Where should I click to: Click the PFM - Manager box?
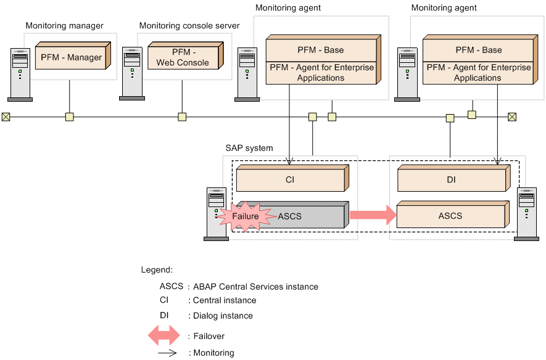pyautogui.click(x=71, y=57)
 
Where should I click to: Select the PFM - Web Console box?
pyautogui.click(x=182, y=57)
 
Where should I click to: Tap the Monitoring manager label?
pyautogui.click(x=65, y=26)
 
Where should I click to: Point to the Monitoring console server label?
pyautogui.click(x=189, y=26)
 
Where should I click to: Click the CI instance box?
pyautogui.click(x=290, y=179)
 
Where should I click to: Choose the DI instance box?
pyautogui.click(x=450, y=179)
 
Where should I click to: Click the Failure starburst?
pyautogui.click(x=246, y=216)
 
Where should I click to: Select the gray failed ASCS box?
pyautogui.click(x=302, y=216)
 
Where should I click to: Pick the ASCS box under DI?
pyautogui.click(x=450, y=216)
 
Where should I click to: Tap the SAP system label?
pyautogui.click(x=249, y=149)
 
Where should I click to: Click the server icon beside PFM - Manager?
pyautogui.click(x=20, y=73)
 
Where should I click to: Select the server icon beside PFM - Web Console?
pyautogui.click(x=133, y=73)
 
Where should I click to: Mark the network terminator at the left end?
pyautogui.click(x=6, y=117)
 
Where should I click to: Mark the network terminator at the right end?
pyautogui.click(x=511, y=117)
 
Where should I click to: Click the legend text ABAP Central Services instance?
pyautogui.click(x=255, y=287)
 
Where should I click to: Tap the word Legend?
pyautogui.click(x=157, y=270)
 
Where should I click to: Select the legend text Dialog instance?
pyautogui.click(x=223, y=316)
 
